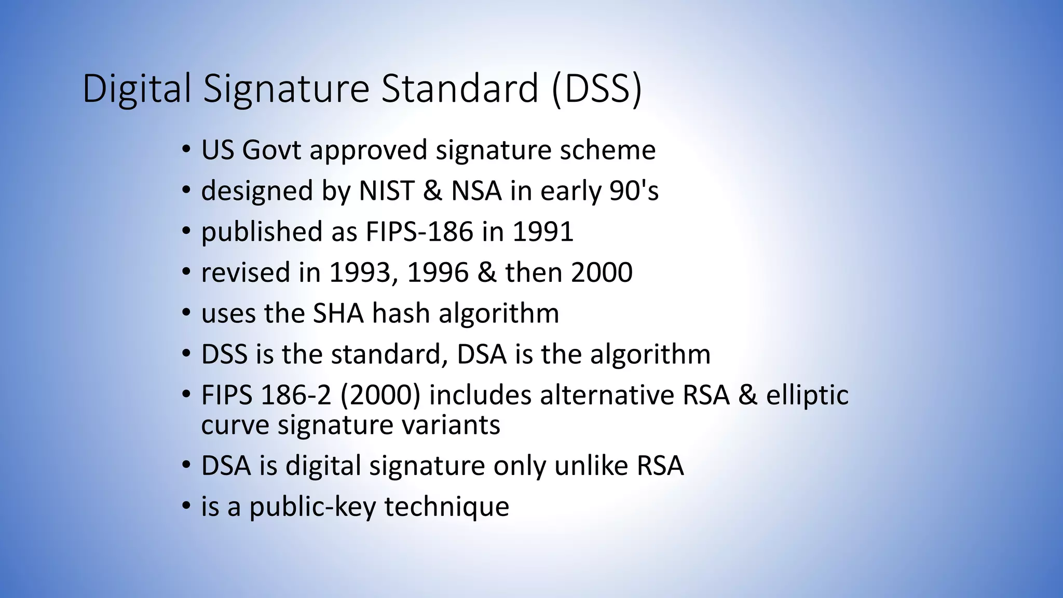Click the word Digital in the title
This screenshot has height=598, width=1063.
click(x=137, y=89)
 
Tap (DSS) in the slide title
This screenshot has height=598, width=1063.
click(x=597, y=89)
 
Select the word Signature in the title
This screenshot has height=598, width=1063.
click(x=286, y=89)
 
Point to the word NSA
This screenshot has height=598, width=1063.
click(x=476, y=191)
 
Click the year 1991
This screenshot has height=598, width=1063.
click(x=542, y=232)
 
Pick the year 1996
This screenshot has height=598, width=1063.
click(x=438, y=273)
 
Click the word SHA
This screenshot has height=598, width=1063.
click(x=338, y=314)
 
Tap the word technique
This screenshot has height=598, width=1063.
click(x=446, y=507)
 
